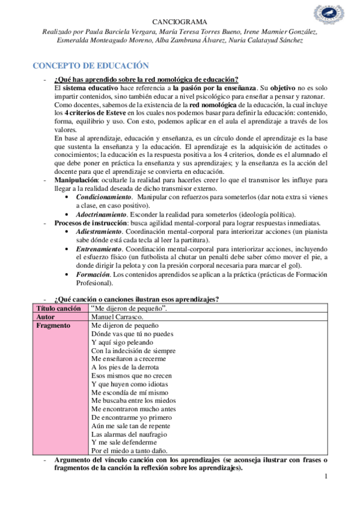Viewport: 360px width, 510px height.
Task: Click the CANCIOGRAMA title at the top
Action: (x=180, y=20)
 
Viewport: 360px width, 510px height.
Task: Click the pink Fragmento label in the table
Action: (x=53, y=325)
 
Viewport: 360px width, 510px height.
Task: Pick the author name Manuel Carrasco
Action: (x=117, y=316)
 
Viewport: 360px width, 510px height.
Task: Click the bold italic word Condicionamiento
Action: (x=103, y=197)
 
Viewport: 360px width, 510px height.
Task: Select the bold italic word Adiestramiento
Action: (x=100, y=232)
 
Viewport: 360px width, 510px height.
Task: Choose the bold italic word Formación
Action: (x=93, y=274)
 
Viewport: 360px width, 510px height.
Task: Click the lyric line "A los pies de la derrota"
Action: (x=125, y=367)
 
